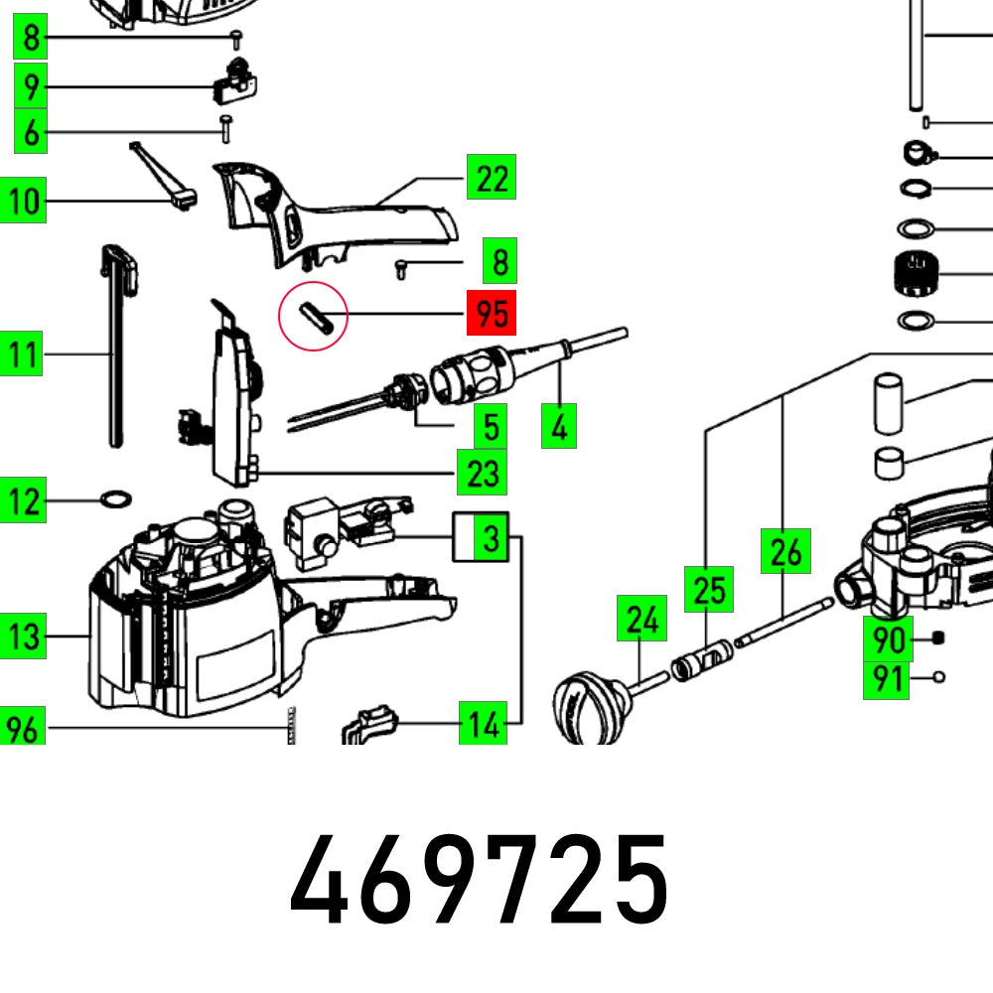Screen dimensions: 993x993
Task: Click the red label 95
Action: (x=492, y=315)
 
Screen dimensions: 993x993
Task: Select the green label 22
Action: (x=492, y=180)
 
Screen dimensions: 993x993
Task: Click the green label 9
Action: (x=32, y=87)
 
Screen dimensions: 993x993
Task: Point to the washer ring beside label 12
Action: (x=116, y=496)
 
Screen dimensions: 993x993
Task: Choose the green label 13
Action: (x=26, y=636)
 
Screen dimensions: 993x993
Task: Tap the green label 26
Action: (x=784, y=552)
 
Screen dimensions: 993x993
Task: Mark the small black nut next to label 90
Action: (x=938, y=638)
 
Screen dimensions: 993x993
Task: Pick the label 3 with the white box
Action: (x=482, y=538)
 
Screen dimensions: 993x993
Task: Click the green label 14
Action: (x=483, y=725)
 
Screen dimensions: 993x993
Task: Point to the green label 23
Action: (x=483, y=473)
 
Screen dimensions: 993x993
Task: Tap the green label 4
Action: (x=560, y=427)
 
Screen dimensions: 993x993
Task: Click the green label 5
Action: (x=490, y=427)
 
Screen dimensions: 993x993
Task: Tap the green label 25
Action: (x=709, y=590)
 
